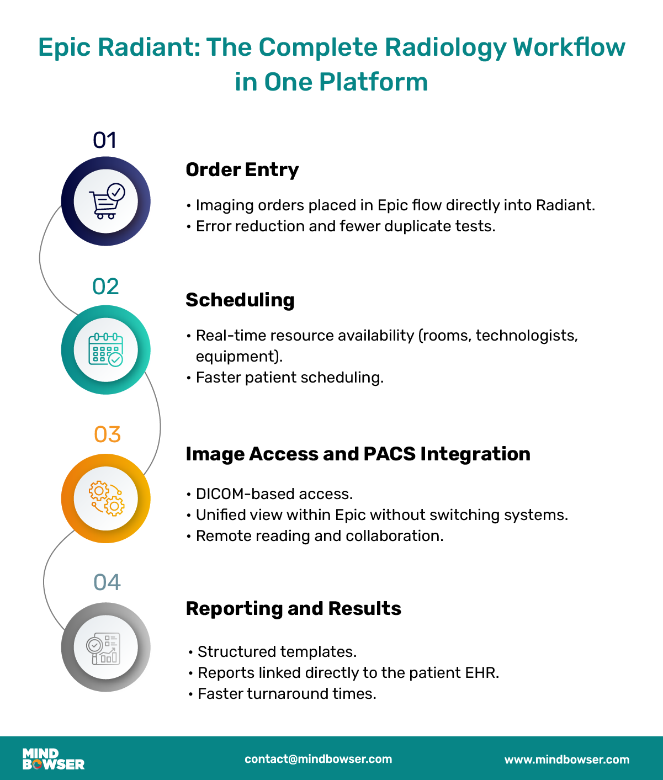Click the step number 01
pyautogui.click(x=105, y=140)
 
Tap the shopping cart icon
pyautogui.click(x=106, y=201)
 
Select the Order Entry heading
pyautogui.click(x=242, y=169)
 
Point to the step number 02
pyautogui.click(x=105, y=286)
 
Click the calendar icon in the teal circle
pyautogui.click(x=106, y=350)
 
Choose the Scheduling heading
pyautogui.click(x=240, y=300)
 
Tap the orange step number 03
pyautogui.click(x=107, y=434)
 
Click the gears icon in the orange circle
pyautogui.click(x=107, y=498)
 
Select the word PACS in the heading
pyautogui.click(x=390, y=454)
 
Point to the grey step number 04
pyautogui.click(x=107, y=582)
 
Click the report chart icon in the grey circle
pyautogui.click(x=105, y=648)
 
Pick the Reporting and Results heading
pyautogui.click(x=293, y=608)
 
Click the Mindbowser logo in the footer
pyautogui.click(x=53, y=759)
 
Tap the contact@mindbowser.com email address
pyautogui.click(x=318, y=759)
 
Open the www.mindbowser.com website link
pyautogui.click(x=566, y=760)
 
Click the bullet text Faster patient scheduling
pyautogui.click(x=289, y=378)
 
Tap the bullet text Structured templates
pyautogui.click(x=277, y=651)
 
